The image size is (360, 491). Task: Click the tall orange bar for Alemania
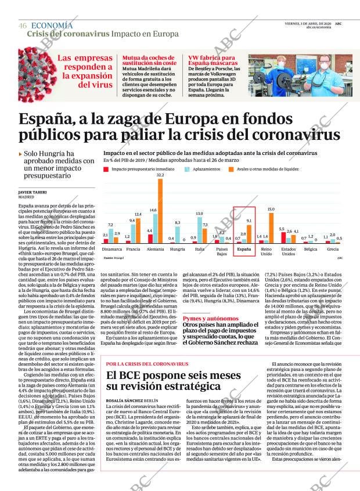point(160,210)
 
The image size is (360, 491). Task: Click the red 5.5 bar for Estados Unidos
point(282,236)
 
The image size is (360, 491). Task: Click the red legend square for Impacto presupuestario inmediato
point(106,169)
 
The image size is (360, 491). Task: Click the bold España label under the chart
point(244,249)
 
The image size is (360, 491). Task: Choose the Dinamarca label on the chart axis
point(112,249)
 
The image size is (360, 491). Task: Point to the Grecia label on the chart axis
point(333,249)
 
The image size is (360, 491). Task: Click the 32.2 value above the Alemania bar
point(160,175)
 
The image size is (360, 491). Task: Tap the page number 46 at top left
point(23,26)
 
